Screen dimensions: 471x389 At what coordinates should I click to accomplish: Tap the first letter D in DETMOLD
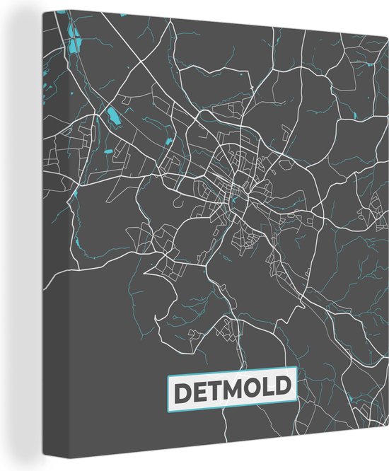click(182, 389)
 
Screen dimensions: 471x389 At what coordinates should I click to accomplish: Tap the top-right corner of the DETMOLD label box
click(297, 374)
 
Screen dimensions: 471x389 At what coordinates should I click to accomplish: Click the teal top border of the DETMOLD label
click(232, 376)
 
